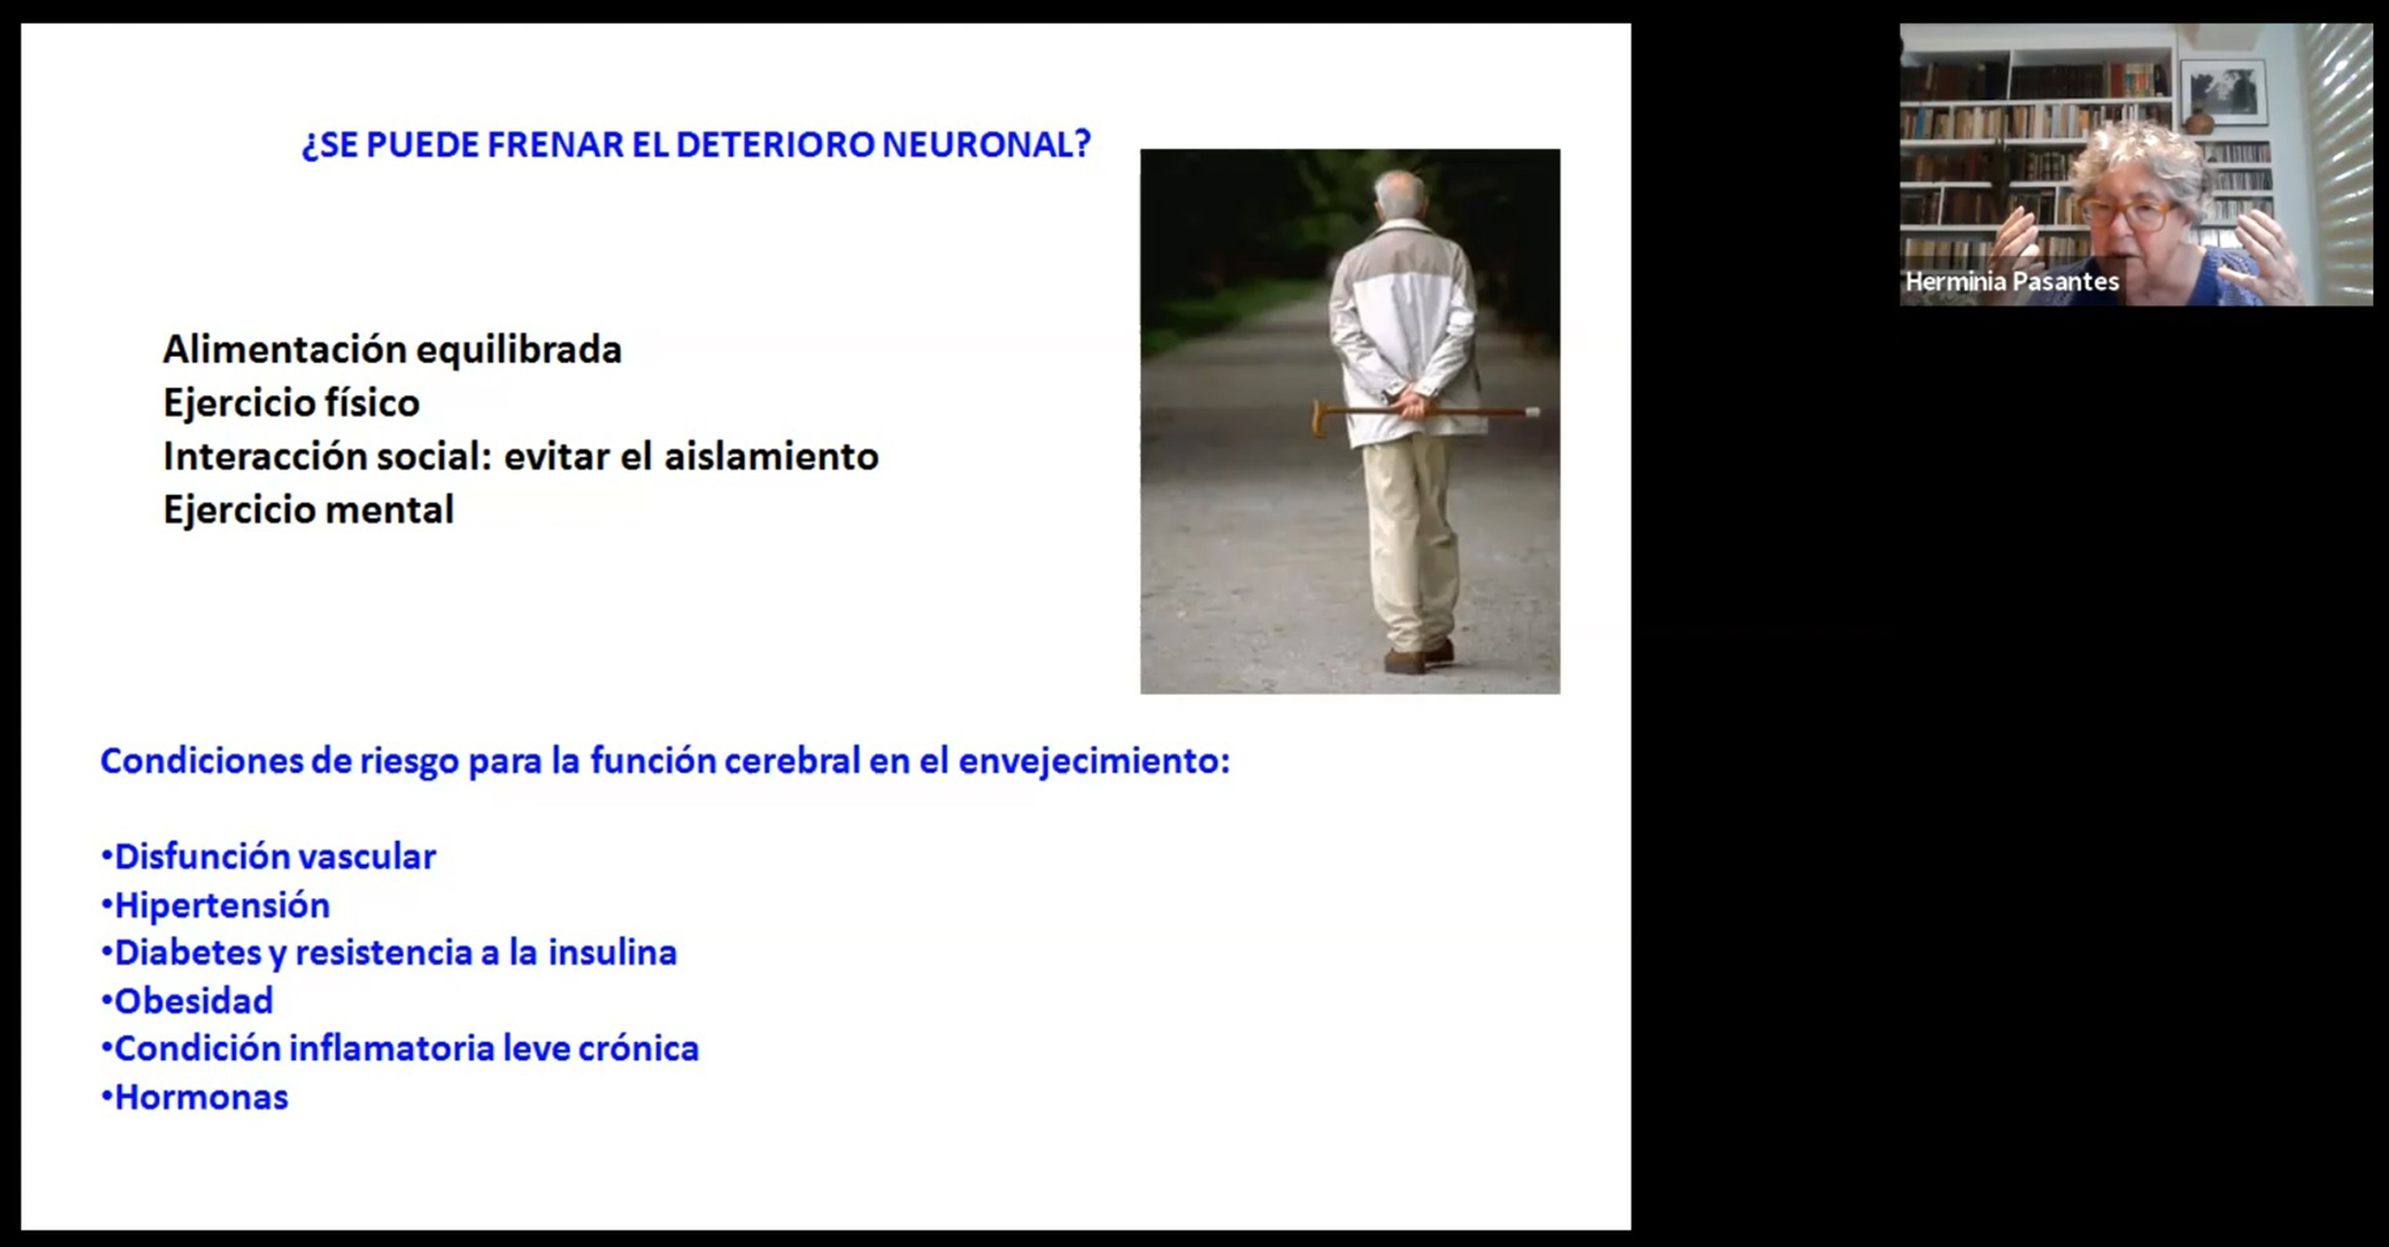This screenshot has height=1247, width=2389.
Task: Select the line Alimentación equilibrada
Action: coord(392,350)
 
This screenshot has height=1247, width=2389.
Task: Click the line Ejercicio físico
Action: coord(291,402)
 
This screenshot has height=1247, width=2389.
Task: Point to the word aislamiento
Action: coord(772,456)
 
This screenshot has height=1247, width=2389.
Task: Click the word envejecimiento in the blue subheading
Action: coord(1094,761)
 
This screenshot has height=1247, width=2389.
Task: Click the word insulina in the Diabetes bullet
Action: coord(612,952)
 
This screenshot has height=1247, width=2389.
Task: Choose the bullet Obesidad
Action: coord(187,1001)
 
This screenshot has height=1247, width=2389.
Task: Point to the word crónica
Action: coord(639,1049)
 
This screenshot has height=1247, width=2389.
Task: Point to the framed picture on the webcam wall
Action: coord(2223,91)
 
